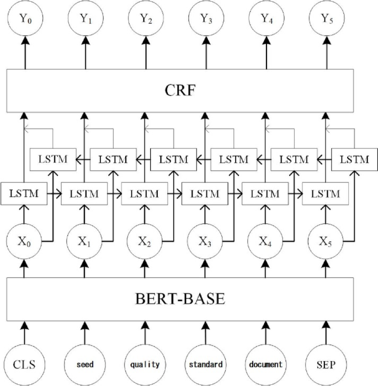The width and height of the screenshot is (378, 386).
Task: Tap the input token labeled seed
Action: pyautogui.click(x=85, y=364)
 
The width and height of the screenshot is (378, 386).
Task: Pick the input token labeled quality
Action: pyautogui.click(x=145, y=364)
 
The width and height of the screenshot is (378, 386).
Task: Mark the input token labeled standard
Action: pyautogui.click(x=205, y=364)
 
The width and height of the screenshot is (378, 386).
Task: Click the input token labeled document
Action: pyautogui.click(x=265, y=364)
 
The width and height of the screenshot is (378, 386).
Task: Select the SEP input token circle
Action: pyautogui.click(x=326, y=364)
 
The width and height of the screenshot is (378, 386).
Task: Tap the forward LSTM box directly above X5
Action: pyautogui.click(x=325, y=194)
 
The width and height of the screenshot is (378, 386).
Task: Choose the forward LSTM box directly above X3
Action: pyautogui.click(x=205, y=194)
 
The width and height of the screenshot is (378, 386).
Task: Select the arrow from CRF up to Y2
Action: pyautogui.click(x=145, y=55)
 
